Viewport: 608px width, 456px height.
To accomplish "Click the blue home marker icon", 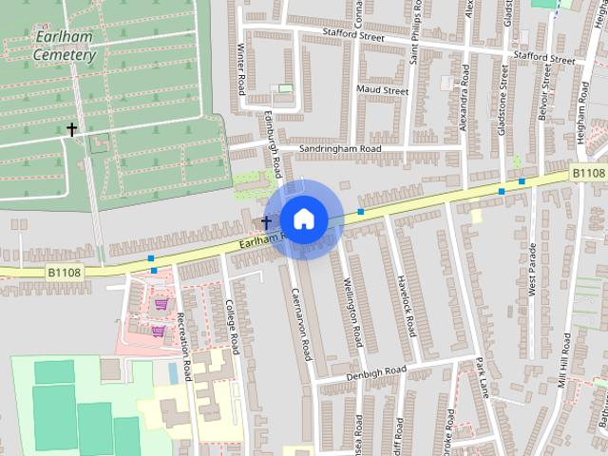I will click(x=303, y=219).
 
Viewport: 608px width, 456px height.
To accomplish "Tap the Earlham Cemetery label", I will click(x=64, y=47).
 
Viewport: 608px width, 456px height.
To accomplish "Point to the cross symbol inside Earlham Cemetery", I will click(x=71, y=128).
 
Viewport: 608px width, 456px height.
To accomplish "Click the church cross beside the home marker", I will click(x=266, y=223).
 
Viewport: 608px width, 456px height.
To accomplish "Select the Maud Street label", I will click(x=381, y=91).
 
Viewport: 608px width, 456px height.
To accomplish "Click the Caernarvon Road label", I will click(x=301, y=323).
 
